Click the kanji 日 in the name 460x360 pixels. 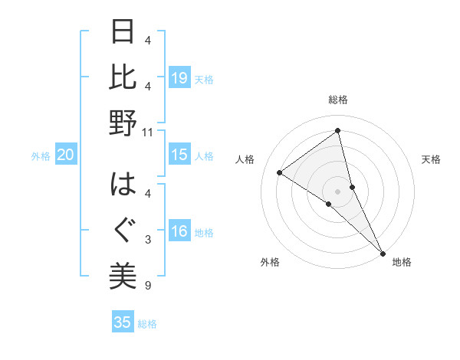123,33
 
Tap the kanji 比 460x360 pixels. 123,77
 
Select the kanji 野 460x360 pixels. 123,123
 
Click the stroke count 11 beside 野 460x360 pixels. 148,132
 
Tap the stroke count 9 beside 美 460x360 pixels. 148,286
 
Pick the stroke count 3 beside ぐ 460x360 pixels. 148,241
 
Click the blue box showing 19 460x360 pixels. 179,78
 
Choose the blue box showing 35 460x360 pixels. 123,322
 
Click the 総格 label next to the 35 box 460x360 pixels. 147,324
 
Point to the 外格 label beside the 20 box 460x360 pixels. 41,156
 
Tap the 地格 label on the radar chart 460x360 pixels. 402,263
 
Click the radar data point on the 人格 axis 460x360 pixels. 280,172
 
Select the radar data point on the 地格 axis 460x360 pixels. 383,253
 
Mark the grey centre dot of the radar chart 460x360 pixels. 337,191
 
